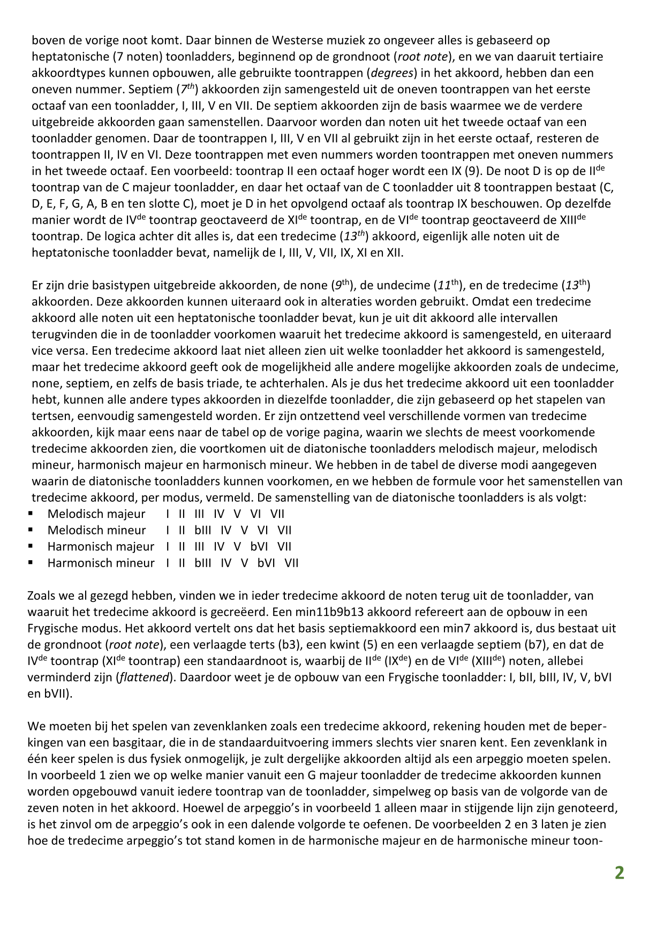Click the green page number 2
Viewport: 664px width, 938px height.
619,873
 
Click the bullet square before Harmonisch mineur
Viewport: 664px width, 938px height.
31,563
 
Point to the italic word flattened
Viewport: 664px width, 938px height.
143,677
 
